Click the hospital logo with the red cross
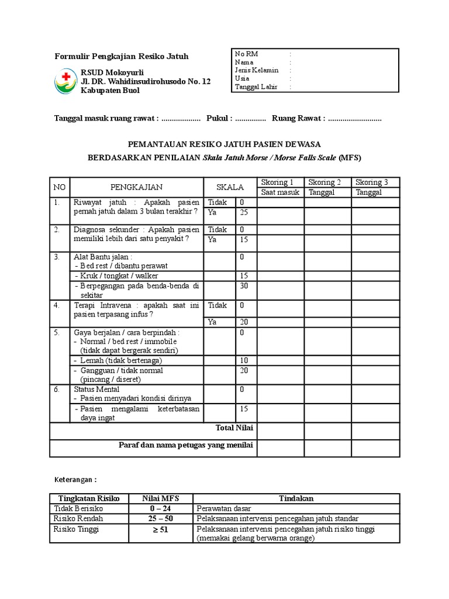(x=65, y=81)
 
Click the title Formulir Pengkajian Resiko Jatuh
(x=122, y=57)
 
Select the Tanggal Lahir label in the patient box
(x=255, y=87)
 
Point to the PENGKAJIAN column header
(x=136, y=187)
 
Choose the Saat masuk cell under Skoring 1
(x=280, y=192)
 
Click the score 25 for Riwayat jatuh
(x=244, y=212)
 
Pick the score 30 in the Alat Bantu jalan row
(x=244, y=285)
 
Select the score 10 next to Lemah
(x=244, y=360)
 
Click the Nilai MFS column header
(x=161, y=498)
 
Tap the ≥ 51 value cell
(x=161, y=530)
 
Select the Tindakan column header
(x=296, y=498)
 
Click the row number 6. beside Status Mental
(x=57, y=389)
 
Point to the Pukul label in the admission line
(x=218, y=119)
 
